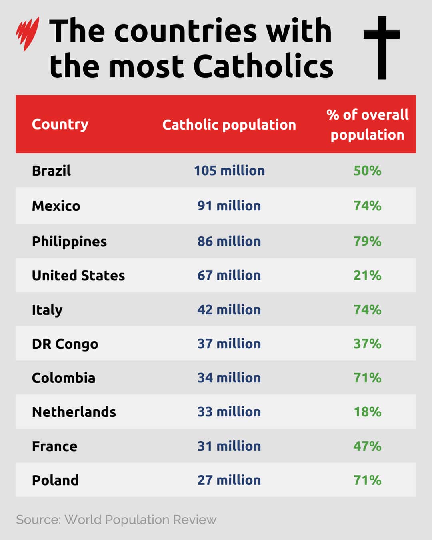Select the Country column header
tap(60, 124)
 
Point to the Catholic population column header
tap(229, 125)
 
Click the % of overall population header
tap(367, 125)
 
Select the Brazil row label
tap(51, 171)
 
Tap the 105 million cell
tap(229, 171)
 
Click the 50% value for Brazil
tap(367, 171)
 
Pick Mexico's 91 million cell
tap(229, 206)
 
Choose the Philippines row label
tap(69, 242)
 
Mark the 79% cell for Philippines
tap(367, 242)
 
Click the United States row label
tap(78, 276)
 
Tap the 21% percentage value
tap(367, 276)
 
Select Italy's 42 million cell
tap(229, 310)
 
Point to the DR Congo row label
tap(65, 344)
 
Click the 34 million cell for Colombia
tap(229, 378)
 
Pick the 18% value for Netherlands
tap(367, 412)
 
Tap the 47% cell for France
tap(367, 446)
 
